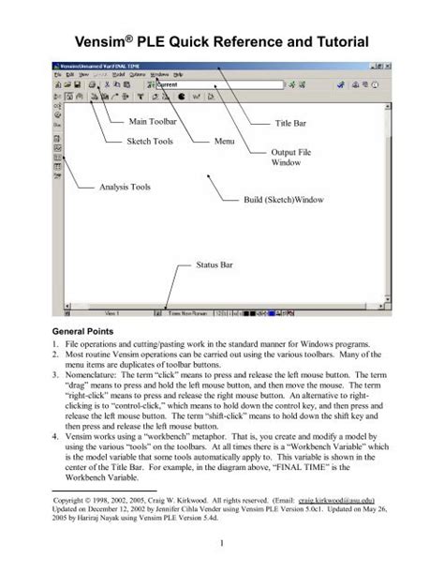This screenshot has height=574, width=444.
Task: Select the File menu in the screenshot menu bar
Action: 57,73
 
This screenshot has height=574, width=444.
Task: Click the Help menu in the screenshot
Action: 178,73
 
